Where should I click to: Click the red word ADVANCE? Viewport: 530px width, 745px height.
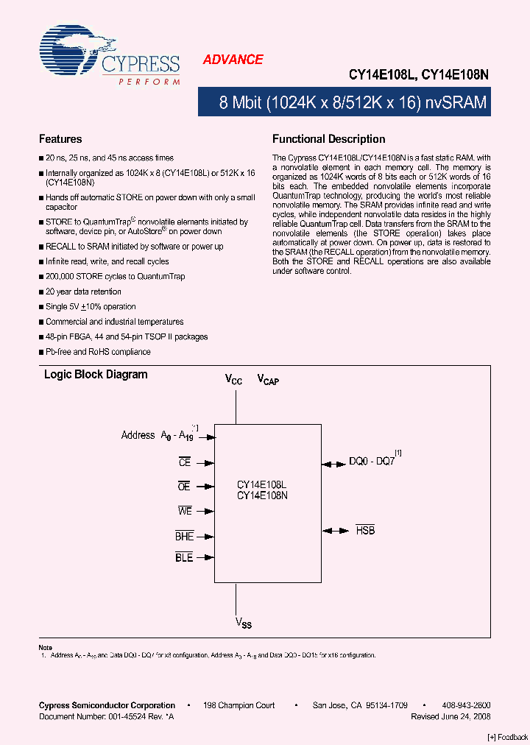point(233,60)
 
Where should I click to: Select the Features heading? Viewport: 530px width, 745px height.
point(60,138)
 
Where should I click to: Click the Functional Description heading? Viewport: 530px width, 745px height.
point(329,138)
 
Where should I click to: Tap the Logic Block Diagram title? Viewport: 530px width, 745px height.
point(96,375)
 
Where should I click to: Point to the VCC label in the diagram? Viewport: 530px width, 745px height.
point(234,380)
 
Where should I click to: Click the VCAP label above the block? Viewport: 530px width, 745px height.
point(268,380)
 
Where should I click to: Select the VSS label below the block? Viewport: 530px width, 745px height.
point(244,623)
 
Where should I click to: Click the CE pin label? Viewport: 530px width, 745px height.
point(185,462)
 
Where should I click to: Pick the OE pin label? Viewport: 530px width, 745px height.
point(185,487)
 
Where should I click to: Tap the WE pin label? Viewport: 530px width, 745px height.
point(184,511)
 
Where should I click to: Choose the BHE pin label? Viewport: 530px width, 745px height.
point(184,537)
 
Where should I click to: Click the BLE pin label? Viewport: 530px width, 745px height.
point(184,558)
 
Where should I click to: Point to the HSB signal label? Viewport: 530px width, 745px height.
point(366,530)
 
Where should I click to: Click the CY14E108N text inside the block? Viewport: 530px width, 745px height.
point(262,495)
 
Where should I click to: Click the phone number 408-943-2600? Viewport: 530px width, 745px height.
point(467,705)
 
